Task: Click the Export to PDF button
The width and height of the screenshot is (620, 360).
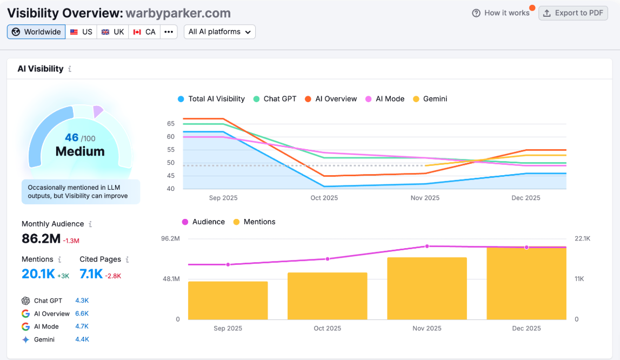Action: tap(573, 13)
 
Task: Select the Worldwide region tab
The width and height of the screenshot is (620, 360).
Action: tap(36, 32)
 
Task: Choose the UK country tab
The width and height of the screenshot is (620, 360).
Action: tap(113, 32)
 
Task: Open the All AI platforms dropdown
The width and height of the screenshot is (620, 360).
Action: tap(219, 32)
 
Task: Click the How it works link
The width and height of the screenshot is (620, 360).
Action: tap(501, 13)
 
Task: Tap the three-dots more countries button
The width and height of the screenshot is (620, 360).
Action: tap(169, 32)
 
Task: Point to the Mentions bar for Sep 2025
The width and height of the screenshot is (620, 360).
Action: tap(228, 300)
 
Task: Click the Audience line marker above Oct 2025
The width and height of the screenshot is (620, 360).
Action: tap(328, 259)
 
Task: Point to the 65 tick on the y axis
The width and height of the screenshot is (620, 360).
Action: tap(171, 124)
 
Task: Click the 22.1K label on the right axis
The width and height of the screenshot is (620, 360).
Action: tap(582, 238)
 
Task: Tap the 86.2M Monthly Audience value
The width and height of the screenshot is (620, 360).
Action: tap(41, 238)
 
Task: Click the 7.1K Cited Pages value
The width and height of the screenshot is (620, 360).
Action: tap(91, 274)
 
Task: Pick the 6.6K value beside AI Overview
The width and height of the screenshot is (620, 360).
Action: tap(82, 314)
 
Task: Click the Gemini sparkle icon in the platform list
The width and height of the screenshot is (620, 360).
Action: tap(25, 339)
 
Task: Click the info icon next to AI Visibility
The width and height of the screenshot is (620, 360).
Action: tap(70, 69)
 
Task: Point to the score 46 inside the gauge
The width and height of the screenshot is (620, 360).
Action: tap(72, 138)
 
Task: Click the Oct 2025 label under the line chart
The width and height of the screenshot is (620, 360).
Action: tap(324, 198)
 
